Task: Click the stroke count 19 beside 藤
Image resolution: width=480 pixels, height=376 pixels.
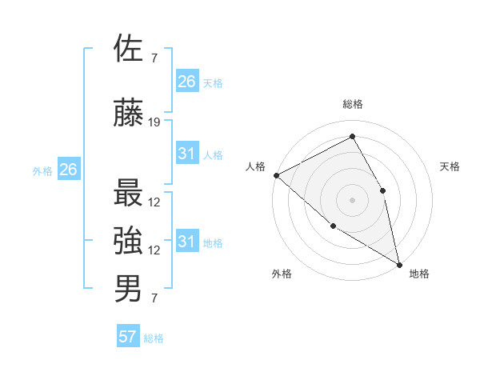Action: click(154, 122)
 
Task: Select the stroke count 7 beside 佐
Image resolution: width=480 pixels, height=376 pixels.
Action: click(154, 58)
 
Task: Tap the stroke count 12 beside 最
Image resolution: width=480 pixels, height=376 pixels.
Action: click(154, 202)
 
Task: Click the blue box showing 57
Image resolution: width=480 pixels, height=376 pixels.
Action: click(128, 337)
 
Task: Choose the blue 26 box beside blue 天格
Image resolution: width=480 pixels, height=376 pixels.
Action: click(187, 82)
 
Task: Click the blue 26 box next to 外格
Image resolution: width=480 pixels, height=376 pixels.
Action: click(69, 169)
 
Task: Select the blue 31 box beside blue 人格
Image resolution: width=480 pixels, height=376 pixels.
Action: click(187, 154)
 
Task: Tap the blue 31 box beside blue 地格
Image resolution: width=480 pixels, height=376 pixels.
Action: click(187, 242)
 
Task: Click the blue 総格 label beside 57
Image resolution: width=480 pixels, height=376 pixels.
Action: click(154, 338)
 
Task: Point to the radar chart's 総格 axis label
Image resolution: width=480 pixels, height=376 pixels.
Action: click(352, 104)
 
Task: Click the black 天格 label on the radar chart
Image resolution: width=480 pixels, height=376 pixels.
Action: click(450, 166)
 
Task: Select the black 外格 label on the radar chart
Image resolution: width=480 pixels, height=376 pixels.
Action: click(282, 274)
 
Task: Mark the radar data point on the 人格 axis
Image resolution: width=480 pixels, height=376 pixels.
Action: click(276, 175)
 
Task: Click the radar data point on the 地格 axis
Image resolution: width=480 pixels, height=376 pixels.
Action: click(398, 263)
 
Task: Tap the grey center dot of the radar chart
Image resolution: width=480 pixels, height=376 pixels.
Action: click(352, 199)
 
